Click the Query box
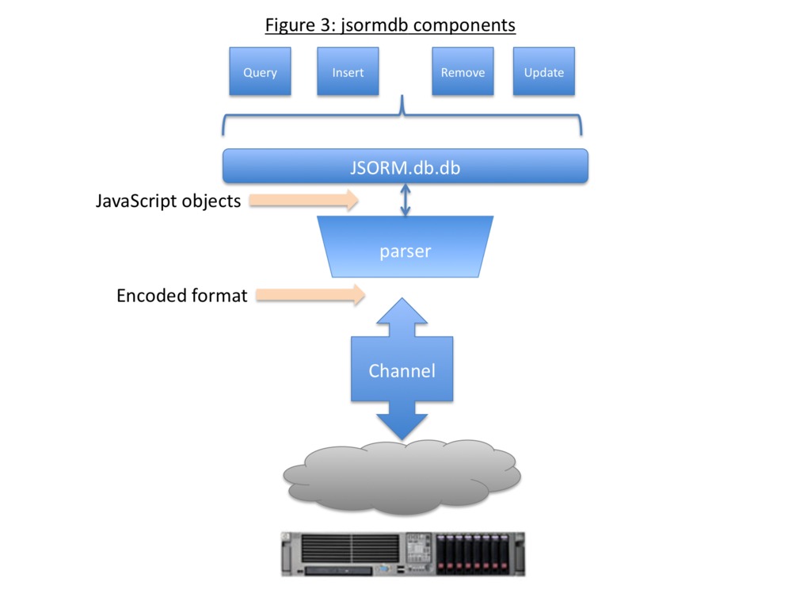pos(260,72)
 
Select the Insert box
pos(348,72)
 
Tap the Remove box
pos(463,72)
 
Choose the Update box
pos(543,72)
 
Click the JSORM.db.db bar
pos(405,167)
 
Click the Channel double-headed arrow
pos(402,370)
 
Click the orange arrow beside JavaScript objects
pos(304,201)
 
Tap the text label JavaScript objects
pos(168,201)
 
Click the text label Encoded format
pos(181,297)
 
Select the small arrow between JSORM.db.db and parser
pos(405,200)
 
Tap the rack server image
pos(402,553)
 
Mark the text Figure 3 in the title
pos(300,26)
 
